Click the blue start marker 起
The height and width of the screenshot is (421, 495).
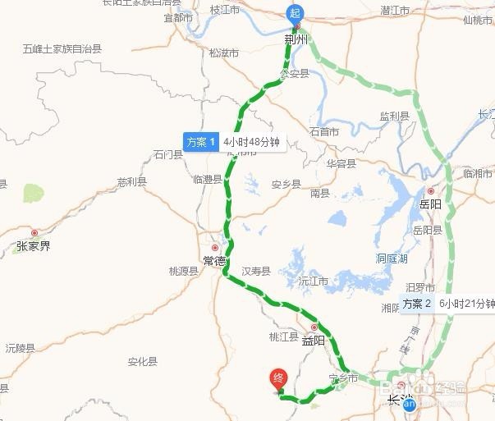[x=294, y=13]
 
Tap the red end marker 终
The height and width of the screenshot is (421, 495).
[x=278, y=378]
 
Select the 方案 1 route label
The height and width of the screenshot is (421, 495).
[x=200, y=142]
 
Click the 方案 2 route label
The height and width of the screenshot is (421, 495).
[x=418, y=304]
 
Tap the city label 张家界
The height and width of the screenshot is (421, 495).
[x=34, y=245]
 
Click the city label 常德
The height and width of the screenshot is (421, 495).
[x=214, y=260]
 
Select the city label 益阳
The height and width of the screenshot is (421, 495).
[x=314, y=339]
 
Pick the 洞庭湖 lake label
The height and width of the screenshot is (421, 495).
[x=392, y=258]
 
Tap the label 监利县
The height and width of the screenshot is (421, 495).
[x=395, y=117]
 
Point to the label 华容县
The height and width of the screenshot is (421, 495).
[x=341, y=163]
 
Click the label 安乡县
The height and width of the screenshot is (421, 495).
[x=286, y=184]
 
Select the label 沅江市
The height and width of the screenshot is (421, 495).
[x=313, y=281]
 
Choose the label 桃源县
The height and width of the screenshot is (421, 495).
[x=184, y=271]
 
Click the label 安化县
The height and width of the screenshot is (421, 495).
[x=142, y=361]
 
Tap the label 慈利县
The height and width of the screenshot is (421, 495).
[x=131, y=181]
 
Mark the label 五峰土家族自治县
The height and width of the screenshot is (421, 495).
[x=62, y=49]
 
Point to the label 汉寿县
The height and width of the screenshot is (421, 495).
[x=256, y=271]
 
